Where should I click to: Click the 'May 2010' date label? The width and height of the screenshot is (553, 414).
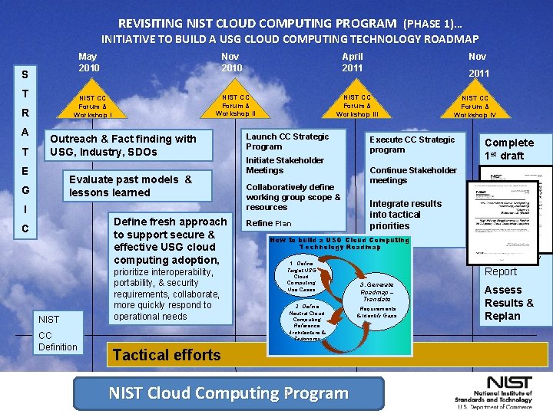pyautogui.click(x=88, y=62)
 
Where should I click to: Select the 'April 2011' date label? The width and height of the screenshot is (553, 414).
pyautogui.click(x=353, y=62)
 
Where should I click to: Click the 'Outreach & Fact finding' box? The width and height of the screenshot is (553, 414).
pyautogui.click(x=123, y=145)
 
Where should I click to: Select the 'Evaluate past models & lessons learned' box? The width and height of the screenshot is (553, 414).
pyautogui.click(x=131, y=186)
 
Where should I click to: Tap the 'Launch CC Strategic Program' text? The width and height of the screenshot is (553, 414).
pyautogui.click(x=287, y=142)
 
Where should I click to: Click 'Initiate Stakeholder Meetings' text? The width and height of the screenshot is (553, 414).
pyautogui.click(x=285, y=165)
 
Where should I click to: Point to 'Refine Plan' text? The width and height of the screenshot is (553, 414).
pyautogui.click(x=268, y=223)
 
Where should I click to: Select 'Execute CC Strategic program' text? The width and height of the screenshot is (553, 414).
pyautogui.click(x=412, y=145)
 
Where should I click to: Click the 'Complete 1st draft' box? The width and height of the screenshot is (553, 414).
pyautogui.click(x=508, y=149)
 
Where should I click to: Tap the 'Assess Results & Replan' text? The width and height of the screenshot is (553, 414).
pyautogui.click(x=508, y=303)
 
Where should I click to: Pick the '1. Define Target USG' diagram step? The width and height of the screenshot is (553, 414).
pyautogui.click(x=300, y=276)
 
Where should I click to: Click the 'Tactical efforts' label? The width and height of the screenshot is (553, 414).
pyautogui.click(x=166, y=354)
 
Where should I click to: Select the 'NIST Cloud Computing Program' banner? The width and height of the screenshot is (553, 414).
pyautogui.click(x=228, y=393)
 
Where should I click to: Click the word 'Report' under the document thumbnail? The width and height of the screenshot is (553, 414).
pyautogui.click(x=501, y=271)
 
